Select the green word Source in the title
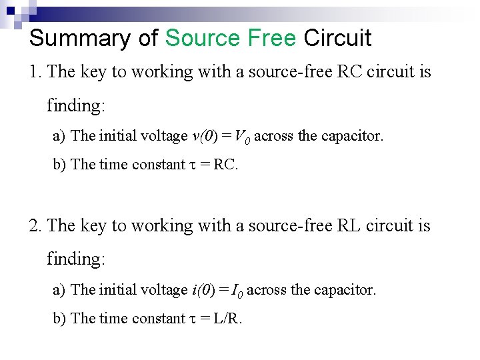tap(198, 38)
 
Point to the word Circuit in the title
tap(337, 38)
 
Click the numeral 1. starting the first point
tap(36, 72)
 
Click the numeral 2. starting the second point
tap(36, 226)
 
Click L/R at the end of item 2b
tap(227, 319)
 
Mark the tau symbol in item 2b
tap(193, 319)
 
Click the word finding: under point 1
tap(75, 106)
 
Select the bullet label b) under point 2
tap(59, 319)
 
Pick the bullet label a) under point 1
tap(59, 136)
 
